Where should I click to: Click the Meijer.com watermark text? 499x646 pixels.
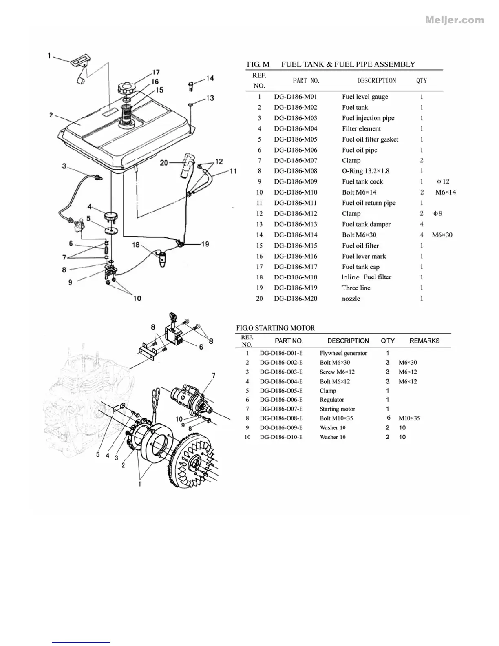pos(455,20)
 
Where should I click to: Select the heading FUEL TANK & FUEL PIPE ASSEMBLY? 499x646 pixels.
pos(348,64)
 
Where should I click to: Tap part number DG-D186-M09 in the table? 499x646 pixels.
pos(296,182)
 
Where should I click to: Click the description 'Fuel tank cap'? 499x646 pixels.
pos(360,267)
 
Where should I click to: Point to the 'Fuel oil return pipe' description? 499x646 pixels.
pos(369,203)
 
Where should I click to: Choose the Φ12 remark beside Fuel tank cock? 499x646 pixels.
pos(443,182)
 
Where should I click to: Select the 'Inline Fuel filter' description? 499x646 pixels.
pos(366,277)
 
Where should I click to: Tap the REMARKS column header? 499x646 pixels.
pos(424,341)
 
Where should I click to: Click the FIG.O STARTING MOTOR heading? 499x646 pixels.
pos(276,328)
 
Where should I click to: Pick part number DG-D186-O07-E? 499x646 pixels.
pos(281,409)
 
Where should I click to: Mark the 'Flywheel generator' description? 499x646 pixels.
pos(343,353)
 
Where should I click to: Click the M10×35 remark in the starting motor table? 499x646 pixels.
pos(409,418)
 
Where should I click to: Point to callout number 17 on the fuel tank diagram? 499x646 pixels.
pos(156,73)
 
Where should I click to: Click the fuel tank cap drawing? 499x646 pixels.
pos(126,88)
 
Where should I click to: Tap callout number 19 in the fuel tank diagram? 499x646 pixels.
pos(205,244)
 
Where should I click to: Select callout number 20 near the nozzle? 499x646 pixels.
pos(164,163)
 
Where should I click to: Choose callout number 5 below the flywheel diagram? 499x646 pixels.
pos(98,454)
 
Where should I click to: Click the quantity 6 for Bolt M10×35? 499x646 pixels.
pos(388,418)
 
